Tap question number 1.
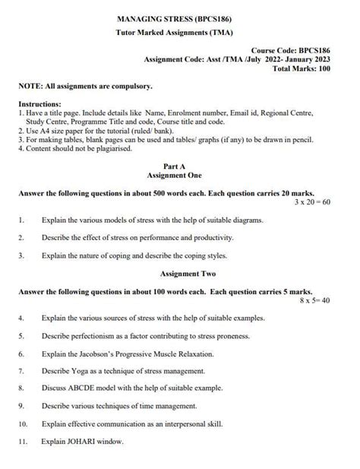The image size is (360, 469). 21,220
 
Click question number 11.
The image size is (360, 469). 23,442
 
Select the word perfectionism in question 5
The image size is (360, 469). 93,335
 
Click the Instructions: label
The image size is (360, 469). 40,103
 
